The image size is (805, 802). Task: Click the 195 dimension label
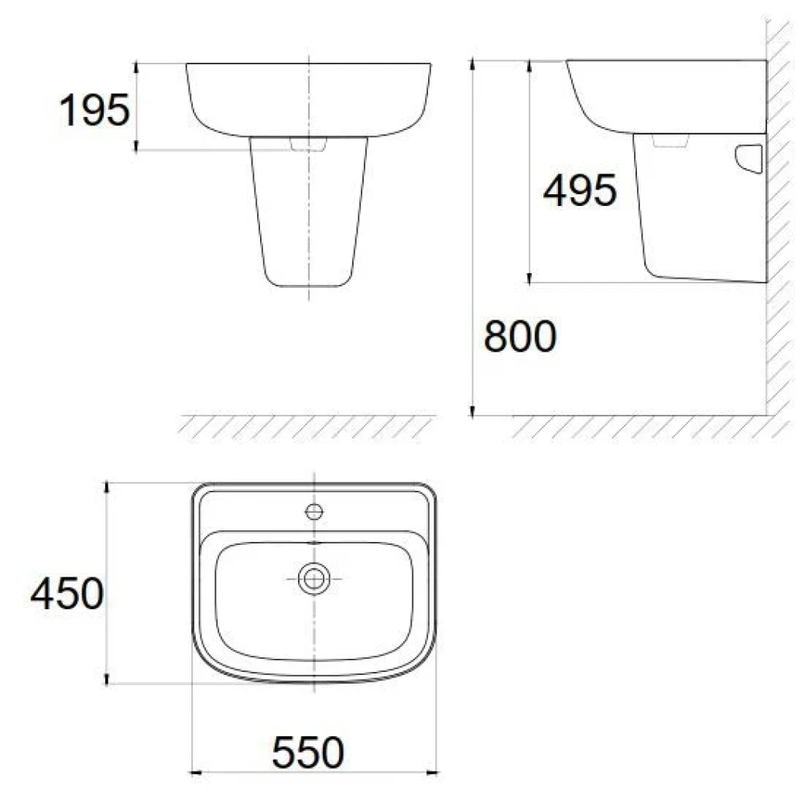(94, 111)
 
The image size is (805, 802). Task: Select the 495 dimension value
(580, 191)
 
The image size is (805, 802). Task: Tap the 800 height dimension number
(519, 338)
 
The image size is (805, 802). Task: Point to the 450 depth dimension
(67, 595)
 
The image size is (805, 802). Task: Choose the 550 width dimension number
(308, 753)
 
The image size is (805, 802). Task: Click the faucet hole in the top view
(314, 511)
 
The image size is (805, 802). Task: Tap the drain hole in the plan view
(314, 578)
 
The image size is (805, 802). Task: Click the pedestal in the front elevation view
(309, 217)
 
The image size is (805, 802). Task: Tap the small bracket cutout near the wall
(749, 158)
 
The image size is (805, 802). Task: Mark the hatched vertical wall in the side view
(778, 232)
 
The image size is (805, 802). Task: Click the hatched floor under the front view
(306, 427)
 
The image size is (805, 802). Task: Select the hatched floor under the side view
(642, 427)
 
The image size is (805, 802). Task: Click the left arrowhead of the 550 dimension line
(196, 771)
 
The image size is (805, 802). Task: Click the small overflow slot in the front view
(309, 144)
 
